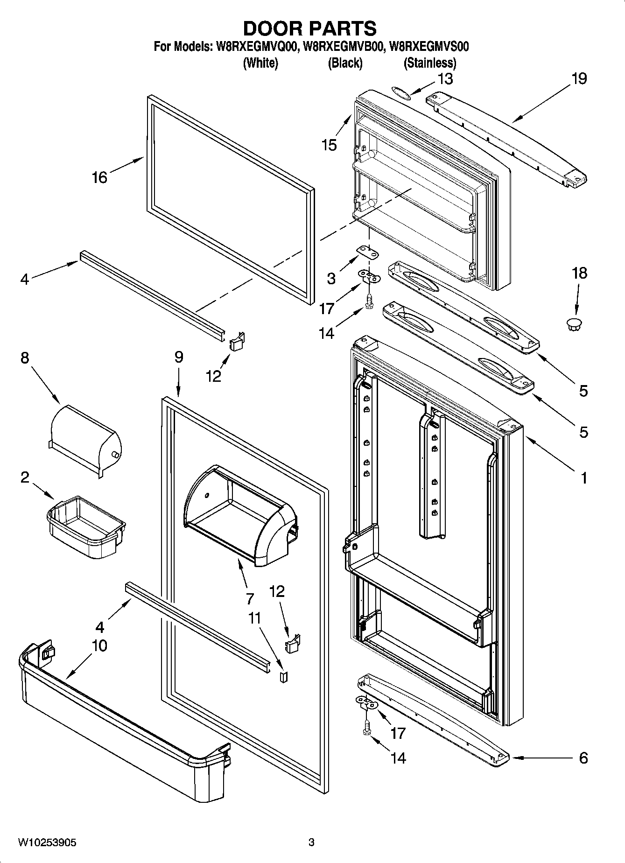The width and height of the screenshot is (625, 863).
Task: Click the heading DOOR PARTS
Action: (x=310, y=28)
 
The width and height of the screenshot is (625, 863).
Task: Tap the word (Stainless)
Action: (x=429, y=63)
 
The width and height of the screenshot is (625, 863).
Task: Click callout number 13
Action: (x=445, y=79)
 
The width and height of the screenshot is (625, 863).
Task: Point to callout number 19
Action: (x=579, y=78)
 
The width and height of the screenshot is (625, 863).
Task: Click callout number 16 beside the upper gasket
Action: (x=99, y=177)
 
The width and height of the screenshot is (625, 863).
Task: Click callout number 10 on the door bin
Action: (x=99, y=645)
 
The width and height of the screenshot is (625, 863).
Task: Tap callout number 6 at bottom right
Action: (x=583, y=758)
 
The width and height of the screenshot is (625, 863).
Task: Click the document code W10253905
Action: (x=47, y=842)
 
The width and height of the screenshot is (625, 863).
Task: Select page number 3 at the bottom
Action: (x=311, y=842)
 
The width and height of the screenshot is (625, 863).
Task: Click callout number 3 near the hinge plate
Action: (x=331, y=279)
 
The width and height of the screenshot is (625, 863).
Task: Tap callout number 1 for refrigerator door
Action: (x=583, y=477)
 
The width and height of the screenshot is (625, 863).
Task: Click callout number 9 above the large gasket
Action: (x=179, y=357)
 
